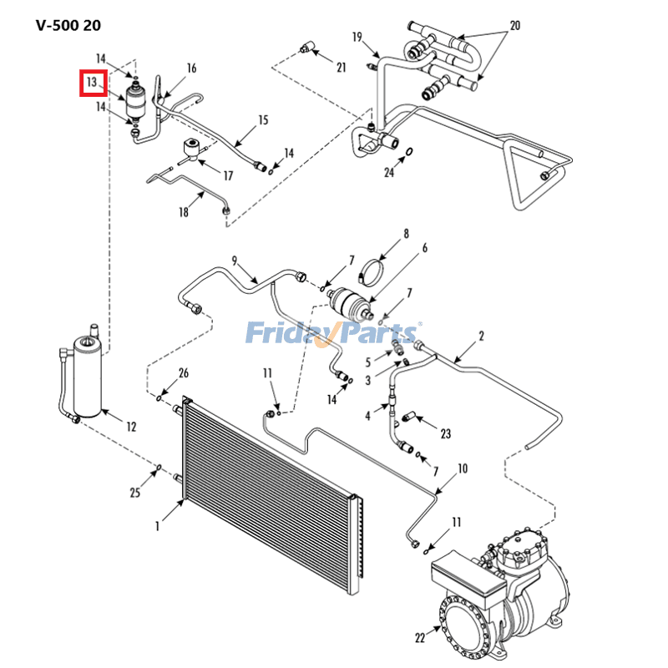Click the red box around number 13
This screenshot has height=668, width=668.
[93, 83]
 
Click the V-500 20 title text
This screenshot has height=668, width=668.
[68, 25]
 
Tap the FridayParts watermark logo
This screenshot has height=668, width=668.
[333, 334]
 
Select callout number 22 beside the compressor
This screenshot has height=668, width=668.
[420, 638]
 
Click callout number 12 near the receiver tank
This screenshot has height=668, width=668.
[131, 428]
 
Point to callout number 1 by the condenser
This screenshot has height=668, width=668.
[156, 526]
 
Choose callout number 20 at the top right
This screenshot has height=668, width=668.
[514, 26]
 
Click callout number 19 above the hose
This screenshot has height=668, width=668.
[357, 37]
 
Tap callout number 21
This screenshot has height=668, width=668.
[341, 68]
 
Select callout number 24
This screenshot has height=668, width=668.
[389, 173]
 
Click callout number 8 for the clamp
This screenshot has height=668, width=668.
[407, 234]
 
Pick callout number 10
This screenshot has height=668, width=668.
[463, 468]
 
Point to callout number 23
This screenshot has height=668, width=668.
[446, 433]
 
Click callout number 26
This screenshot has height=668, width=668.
[184, 372]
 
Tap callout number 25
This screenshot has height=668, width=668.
[135, 493]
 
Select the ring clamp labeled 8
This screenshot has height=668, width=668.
[373, 271]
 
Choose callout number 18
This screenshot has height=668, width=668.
[184, 213]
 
